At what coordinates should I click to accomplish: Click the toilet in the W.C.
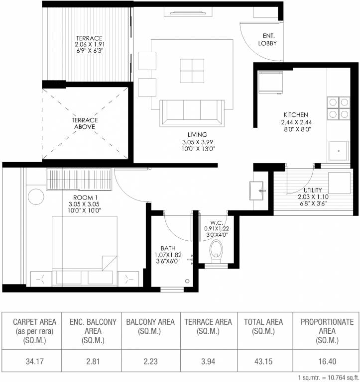[x=216, y=251]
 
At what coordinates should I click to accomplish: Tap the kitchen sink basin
[x=338, y=151]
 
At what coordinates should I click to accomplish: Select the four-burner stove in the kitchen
[x=339, y=108]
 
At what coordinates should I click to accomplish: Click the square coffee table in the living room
[x=192, y=71]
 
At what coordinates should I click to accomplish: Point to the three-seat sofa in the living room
[x=192, y=113]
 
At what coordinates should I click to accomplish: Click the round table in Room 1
[x=36, y=196]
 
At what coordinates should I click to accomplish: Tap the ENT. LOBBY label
[x=267, y=39]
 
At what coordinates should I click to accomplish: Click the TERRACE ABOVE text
[x=85, y=123]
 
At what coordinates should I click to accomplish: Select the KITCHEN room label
[x=296, y=114]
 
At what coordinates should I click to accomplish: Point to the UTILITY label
[x=313, y=190]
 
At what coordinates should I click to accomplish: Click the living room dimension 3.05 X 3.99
[x=197, y=142]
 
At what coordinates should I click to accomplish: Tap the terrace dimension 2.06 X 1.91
[x=90, y=44]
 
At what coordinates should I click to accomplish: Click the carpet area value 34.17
[x=35, y=361]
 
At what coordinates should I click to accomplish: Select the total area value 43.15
[x=263, y=361]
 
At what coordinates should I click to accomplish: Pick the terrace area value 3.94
[x=208, y=361]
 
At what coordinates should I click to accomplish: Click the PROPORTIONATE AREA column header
[x=327, y=331]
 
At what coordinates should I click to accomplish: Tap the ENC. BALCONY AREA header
[x=93, y=331]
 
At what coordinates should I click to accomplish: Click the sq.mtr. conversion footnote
[x=329, y=378]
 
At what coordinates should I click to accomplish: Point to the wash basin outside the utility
[x=256, y=191]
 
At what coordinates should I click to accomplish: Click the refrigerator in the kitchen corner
[x=270, y=83]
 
